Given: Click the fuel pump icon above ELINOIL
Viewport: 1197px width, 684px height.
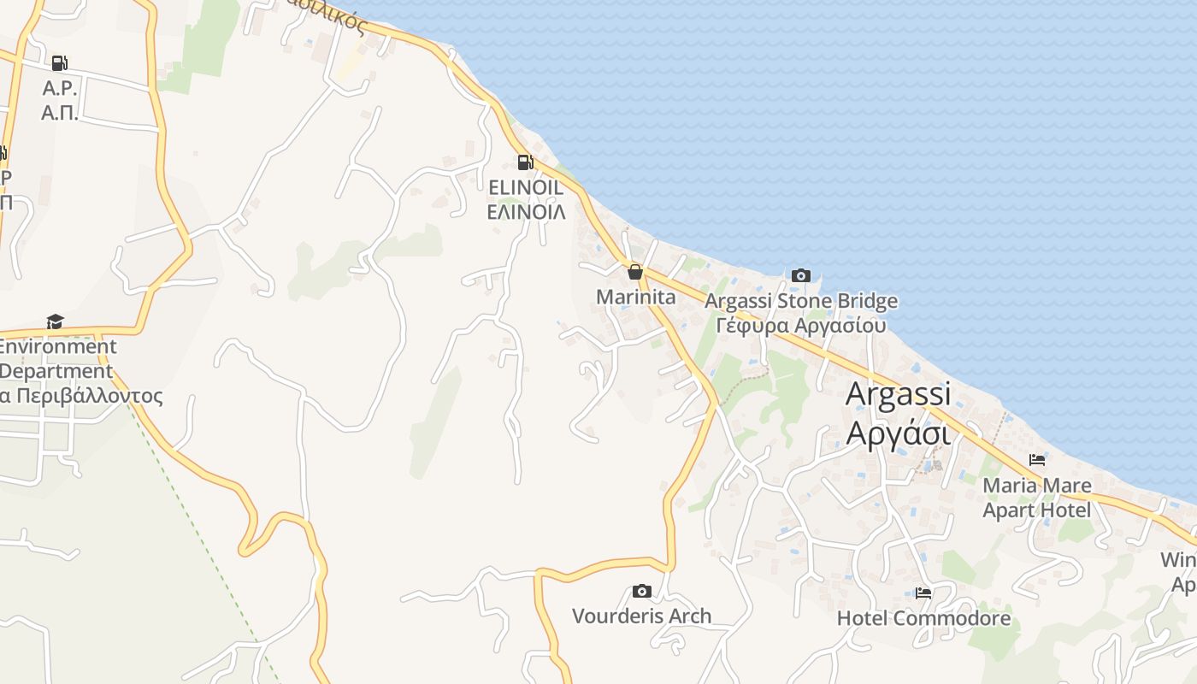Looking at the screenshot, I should (x=525, y=162).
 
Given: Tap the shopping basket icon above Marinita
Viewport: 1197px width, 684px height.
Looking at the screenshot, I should (x=634, y=272).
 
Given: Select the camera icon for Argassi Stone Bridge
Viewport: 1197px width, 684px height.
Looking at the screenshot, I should (x=800, y=275).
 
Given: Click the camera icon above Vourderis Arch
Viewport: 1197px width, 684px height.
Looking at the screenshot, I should (x=641, y=591).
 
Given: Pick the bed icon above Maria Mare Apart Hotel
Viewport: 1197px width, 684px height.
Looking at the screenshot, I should (x=1037, y=460).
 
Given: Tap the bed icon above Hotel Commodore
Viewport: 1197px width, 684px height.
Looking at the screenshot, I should (x=923, y=593).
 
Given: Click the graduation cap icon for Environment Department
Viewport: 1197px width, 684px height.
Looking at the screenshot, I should (x=55, y=321).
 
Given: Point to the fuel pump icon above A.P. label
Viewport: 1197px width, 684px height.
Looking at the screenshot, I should (x=59, y=62).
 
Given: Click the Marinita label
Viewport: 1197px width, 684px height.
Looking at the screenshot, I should (x=635, y=297).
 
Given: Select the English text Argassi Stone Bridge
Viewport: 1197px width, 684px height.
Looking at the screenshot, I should (x=800, y=301).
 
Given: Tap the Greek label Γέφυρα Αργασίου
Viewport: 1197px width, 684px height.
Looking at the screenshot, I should (x=800, y=326).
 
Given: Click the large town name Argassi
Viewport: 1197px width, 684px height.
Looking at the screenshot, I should (x=898, y=394).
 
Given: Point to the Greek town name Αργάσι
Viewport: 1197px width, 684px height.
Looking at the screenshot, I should (x=898, y=433).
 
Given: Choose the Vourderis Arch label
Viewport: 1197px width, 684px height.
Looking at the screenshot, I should (x=641, y=616).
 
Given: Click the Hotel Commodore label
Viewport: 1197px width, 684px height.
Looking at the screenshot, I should (x=923, y=617).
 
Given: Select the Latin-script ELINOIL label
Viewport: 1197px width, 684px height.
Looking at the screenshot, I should (x=525, y=186).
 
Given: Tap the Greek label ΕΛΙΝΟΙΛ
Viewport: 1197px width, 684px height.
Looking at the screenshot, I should (x=526, y=211).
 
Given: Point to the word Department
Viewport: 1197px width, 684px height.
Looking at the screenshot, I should (x=56, y=372).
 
